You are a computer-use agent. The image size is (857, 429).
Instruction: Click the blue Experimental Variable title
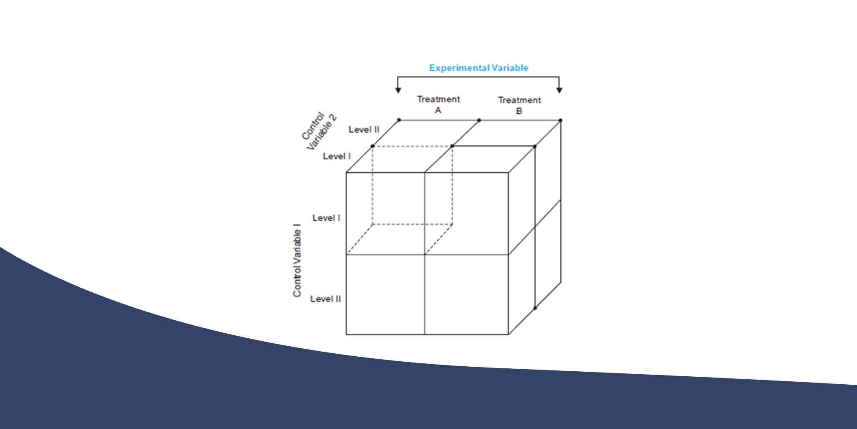[x=478, y=68]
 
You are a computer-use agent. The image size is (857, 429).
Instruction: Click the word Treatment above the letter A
[x=438, y=99]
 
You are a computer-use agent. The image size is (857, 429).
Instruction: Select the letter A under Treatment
[x=438, y=110]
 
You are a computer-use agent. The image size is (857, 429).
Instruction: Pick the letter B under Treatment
[x=519, y=111]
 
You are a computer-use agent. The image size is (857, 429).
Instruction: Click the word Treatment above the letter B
[x=519, y=100]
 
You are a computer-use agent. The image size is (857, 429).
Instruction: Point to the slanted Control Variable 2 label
[x=319, y=131]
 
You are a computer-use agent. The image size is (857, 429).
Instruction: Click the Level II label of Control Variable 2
[x=364, y=130]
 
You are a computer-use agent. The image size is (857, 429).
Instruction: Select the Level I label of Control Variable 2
[x=337, y=156]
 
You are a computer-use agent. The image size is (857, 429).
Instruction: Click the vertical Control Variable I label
[x=297, y=261]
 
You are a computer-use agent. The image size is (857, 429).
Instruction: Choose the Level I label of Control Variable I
[x=326, y=218]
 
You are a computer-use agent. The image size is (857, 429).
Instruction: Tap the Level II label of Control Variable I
[x=326, y=299]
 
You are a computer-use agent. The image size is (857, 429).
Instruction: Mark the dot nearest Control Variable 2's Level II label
[x=399, y=120]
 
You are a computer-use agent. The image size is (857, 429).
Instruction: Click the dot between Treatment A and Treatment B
[x=479, y=120]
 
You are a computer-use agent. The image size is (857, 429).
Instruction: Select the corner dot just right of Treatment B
[x=560, y=120]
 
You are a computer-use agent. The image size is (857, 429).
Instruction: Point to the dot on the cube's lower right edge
[x=535, y=308]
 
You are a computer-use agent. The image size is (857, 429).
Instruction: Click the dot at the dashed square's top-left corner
[x=372, y=146]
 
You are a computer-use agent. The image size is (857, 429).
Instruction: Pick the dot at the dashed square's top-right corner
[x=452, y=146]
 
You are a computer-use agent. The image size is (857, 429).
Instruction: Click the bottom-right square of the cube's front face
[x=467, y=294]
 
